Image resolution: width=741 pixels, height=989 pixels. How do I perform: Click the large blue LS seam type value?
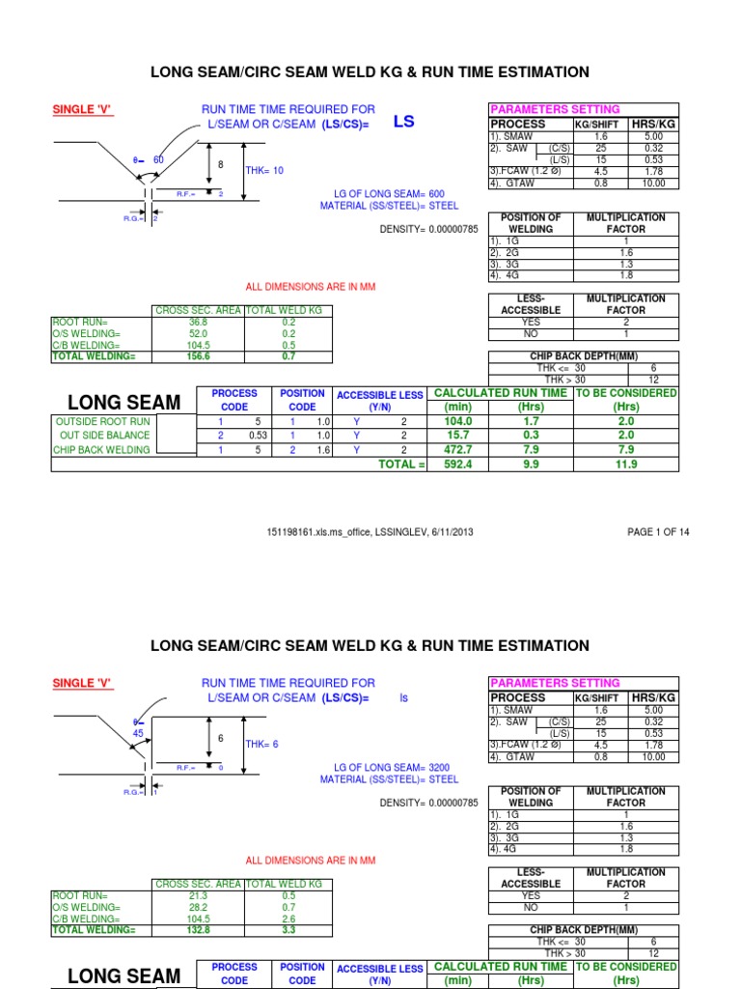pyautogui.click(x=403, y=123)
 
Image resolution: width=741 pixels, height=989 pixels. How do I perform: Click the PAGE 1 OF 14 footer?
pyautogui.click(x=658, y=532)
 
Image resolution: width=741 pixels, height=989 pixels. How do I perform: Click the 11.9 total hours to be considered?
pyautogui.click(x=626, y=465)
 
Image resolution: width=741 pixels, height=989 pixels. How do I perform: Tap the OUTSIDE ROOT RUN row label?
pyautogui.click(x=103, y=421)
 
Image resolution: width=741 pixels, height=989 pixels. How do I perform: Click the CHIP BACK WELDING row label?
pyautogui.click(x=101, y=450)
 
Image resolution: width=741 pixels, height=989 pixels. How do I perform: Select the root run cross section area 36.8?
pyautogui.click(x=199, y=323)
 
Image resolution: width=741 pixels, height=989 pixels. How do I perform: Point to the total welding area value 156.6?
pyautogui.click(x=199, y=357)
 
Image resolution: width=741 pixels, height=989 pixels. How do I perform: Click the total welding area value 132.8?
pyautogui.click(x=199, y=930)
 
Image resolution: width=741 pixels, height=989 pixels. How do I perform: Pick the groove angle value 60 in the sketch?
pyautogui.click(x=159, y=159)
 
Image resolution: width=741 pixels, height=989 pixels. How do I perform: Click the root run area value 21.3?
pyautogui.click(x=199, y=895)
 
